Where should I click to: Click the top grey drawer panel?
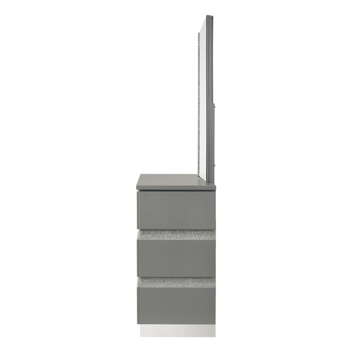[x=176, y=209]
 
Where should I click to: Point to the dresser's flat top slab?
[x=175, y=181]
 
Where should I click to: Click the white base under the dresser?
[x=177, y=327]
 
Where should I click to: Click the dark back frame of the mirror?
[x=213, y=103]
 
